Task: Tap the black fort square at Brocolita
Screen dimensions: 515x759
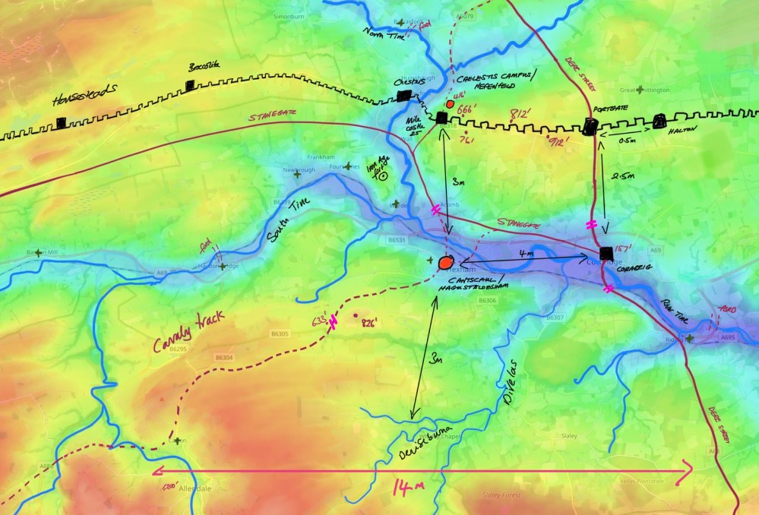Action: (x=190, y=87)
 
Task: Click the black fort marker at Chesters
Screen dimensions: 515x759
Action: (x=404, y=96)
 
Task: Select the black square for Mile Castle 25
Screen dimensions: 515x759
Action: (x=441, y=117)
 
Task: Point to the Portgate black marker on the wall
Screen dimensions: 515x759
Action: (x=590, y=127)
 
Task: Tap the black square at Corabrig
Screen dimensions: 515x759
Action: (x=606, y=253)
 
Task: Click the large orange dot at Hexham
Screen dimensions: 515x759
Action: (x=446, y=262)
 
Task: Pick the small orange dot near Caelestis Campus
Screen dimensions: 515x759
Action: (x=450, y=103)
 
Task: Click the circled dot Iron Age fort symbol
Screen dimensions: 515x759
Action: (x=384, y=176)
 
